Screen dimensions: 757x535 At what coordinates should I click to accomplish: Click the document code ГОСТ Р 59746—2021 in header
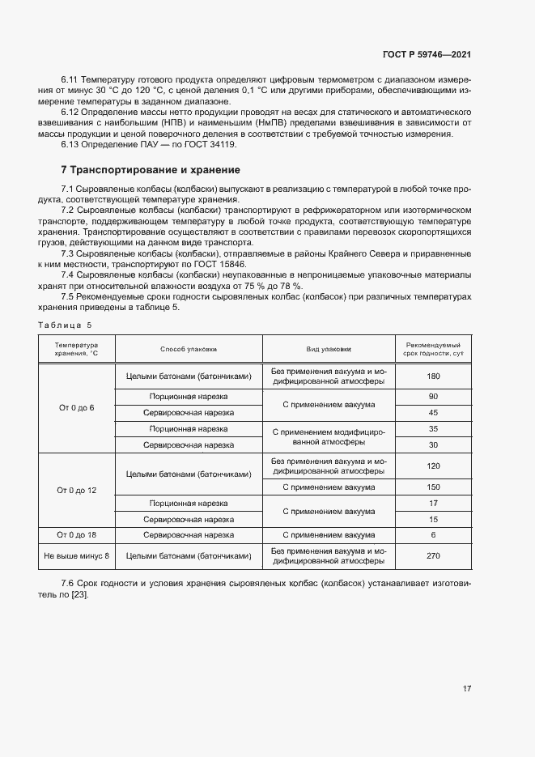(427, 54)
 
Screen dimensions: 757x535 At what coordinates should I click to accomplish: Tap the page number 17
(467, 689)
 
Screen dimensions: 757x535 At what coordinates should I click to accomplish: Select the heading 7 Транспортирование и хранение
(150, 170)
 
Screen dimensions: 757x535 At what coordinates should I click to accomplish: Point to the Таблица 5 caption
(66, 325)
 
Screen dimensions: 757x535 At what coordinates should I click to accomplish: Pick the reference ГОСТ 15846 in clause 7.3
(221, 264)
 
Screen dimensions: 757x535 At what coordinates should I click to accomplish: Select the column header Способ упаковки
(189, 349)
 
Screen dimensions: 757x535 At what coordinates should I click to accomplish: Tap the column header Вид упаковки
(328, 349)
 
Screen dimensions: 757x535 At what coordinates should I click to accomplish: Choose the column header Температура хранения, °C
(76, 349)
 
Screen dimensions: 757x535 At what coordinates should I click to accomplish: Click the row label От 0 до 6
(76, 407)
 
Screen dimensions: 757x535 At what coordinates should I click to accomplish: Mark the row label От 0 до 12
(76, 491)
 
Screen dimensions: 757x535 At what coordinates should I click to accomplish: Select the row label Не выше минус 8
(76, 555)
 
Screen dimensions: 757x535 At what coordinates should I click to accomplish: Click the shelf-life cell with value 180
(433, 376)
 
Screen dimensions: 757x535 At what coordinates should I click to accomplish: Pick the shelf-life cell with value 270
(433, 555)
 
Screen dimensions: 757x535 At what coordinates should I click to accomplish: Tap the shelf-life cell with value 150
(433, 487)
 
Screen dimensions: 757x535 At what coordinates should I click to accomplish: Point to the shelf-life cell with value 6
(433, 535)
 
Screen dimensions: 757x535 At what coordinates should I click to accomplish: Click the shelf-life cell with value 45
(433, 413)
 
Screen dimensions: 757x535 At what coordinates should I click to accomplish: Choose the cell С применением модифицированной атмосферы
(328, 436)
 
